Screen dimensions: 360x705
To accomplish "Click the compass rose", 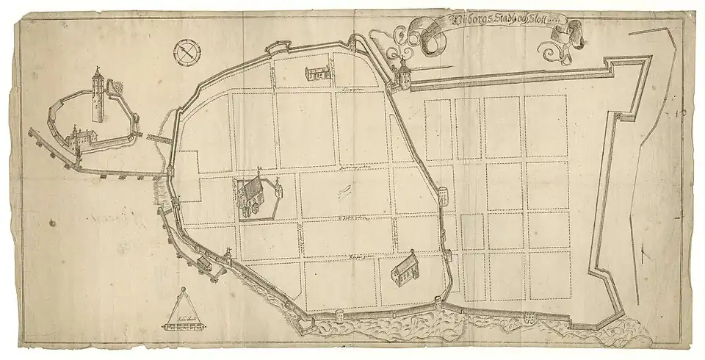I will (x=188, y=53).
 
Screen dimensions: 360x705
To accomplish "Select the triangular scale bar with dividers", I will (x=176, y=312).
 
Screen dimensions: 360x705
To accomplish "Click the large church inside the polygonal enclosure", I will (x=252, y=197).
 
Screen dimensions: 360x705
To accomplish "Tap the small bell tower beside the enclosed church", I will (x=278, y=192).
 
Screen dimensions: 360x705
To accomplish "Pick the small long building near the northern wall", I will (x=318, y=72).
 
